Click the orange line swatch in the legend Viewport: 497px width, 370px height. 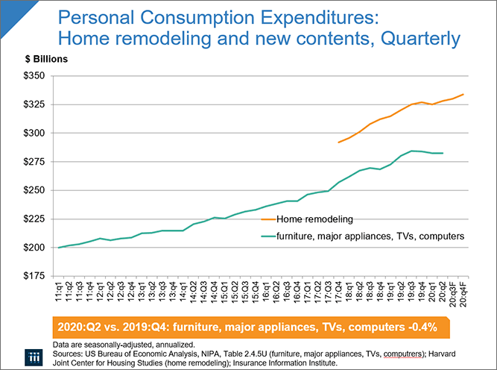coord(268,219)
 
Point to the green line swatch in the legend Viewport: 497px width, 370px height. coord(268,236)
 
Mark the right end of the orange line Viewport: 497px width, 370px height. coord(464,94)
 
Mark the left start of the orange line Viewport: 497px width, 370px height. coord(338,142)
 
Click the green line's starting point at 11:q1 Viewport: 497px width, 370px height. coord(59,248)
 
